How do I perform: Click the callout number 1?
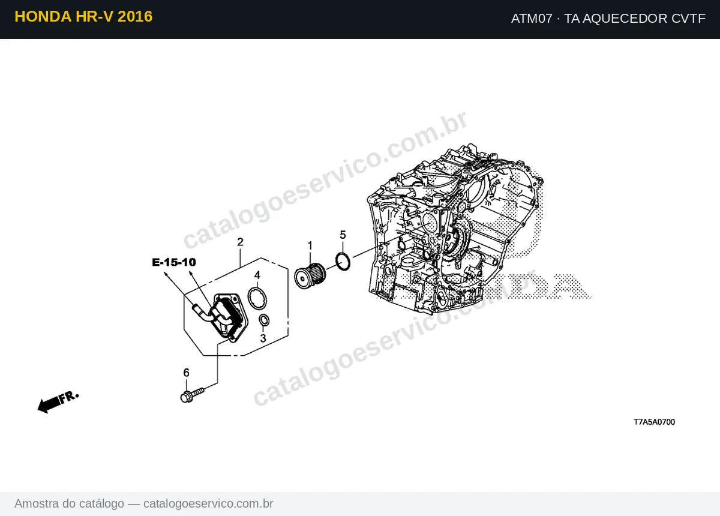310,245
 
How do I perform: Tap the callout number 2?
240,242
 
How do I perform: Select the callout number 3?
263,338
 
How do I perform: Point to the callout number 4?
257,275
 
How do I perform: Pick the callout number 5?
343,235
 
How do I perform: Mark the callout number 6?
186,373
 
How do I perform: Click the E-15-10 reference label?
174,262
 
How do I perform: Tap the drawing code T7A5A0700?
654,422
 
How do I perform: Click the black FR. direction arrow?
58,402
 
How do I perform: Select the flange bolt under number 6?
192,395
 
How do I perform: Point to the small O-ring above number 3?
264,320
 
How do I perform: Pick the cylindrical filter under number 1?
310,276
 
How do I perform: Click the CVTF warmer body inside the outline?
225,317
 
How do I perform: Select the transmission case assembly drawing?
455,229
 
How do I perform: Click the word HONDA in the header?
43,16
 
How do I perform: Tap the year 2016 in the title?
135,16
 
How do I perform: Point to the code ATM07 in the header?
532,19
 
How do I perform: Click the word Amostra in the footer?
37,503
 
